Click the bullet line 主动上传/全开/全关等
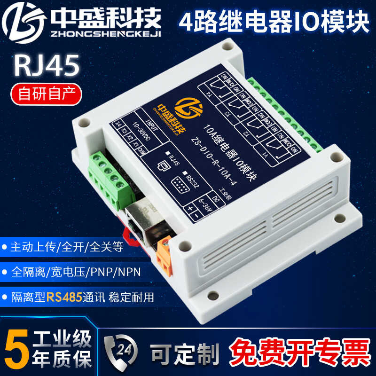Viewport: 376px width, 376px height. click(x=66, y=247)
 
